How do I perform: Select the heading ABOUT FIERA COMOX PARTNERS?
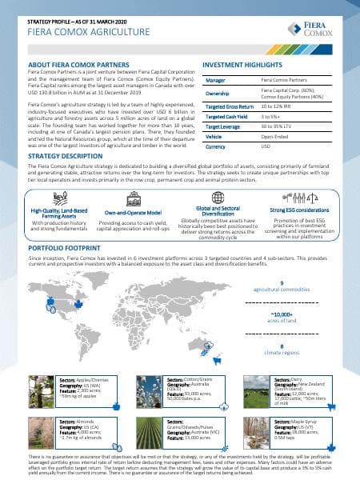point(78,63)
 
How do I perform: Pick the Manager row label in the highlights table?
point(215,81)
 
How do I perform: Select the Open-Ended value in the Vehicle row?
point(277,137)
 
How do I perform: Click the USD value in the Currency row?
point(267,148)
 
